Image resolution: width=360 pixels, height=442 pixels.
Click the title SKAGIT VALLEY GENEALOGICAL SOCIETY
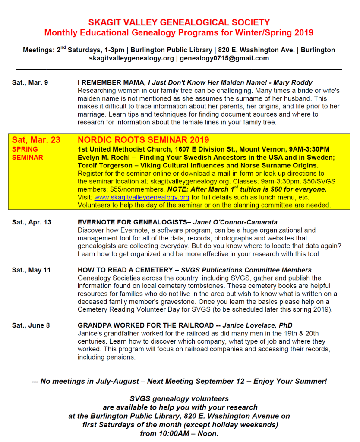(179, 22)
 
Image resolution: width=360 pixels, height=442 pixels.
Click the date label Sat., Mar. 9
(30, 82)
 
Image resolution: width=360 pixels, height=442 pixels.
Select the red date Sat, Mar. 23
(36, 140)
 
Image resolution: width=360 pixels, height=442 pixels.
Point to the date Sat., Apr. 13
(32, 222)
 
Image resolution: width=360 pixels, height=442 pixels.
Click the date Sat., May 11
(31, 270)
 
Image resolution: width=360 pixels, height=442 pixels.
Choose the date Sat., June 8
(31, 325)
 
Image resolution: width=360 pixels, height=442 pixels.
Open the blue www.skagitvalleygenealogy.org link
(142, 197)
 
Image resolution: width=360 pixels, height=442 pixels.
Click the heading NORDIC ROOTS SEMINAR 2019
(143, 140)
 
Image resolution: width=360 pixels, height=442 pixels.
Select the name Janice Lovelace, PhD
(259, 325)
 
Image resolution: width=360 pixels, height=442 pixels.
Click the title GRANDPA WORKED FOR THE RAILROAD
(145, 325)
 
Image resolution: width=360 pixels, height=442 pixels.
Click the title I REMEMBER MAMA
(111, 82)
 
